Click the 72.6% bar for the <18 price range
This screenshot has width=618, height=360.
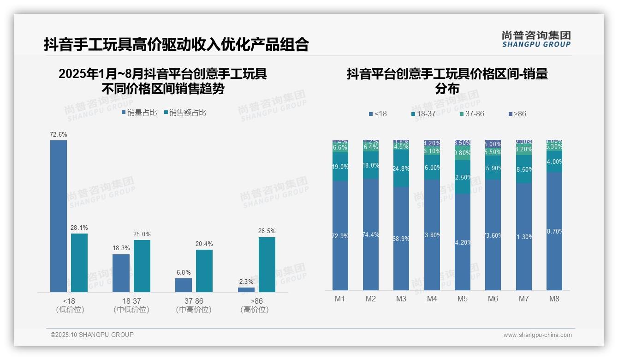click(59, 216)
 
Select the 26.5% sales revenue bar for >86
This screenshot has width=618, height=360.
click(267, 264)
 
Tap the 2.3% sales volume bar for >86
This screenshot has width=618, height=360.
click(246, 290)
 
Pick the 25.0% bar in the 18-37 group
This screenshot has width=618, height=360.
click(142, 266)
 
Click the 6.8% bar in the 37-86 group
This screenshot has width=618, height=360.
click(184, 285)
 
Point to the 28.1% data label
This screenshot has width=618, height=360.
click(79, 228)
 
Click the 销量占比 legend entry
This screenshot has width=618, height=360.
click(139, 113)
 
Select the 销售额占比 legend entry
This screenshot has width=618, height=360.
click(185, 113)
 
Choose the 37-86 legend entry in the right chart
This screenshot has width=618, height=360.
click(471, 114)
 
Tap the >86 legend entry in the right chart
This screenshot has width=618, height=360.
click(517, 114)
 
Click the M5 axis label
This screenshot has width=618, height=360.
click(462, 299)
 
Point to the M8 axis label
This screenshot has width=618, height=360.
click(554, 299)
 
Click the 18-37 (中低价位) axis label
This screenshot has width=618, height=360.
click(131, 306)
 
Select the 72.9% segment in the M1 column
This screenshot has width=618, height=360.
click(340, 235)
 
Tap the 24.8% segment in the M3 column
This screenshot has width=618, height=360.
click(401, 168)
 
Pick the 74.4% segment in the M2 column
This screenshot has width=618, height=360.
click(371, 234)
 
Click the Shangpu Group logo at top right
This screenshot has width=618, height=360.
click(536, 39)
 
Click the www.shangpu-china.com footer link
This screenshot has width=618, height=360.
click(537, 335)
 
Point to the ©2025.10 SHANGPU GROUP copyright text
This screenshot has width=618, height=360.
click(92, 335)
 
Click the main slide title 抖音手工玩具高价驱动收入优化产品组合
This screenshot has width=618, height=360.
click(176, 44)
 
